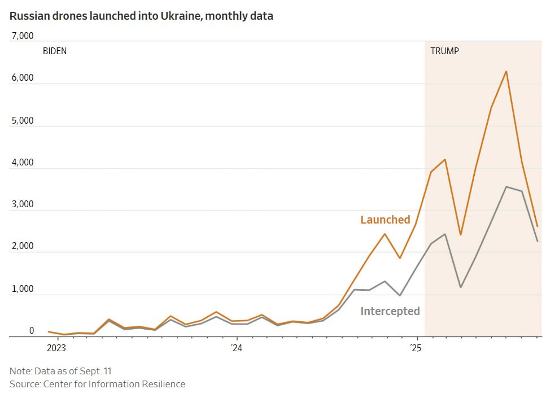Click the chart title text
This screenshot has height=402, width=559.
[141, 16]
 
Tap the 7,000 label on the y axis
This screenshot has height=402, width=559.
[23, 36]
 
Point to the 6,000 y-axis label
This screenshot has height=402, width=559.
[23, 78]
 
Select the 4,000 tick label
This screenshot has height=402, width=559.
[23, 163]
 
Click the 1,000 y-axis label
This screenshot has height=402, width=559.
[23, 289]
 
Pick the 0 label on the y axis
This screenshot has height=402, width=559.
[32, 331]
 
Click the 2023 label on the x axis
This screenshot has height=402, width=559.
[56, 348]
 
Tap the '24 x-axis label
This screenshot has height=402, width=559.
[236, 348]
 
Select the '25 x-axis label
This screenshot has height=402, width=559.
[416, 348]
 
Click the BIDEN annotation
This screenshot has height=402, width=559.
[55, 51]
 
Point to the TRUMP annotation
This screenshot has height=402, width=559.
[445, 51]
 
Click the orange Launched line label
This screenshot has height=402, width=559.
[385, 220]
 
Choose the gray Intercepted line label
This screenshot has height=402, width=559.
[390, 311]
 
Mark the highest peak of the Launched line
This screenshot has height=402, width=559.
[506, 71]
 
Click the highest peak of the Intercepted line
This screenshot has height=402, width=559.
[506, 186]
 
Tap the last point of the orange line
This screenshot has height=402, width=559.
[537, 226]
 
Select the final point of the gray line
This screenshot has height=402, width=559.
[537, 241]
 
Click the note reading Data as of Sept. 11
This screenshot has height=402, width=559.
[64, 371]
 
